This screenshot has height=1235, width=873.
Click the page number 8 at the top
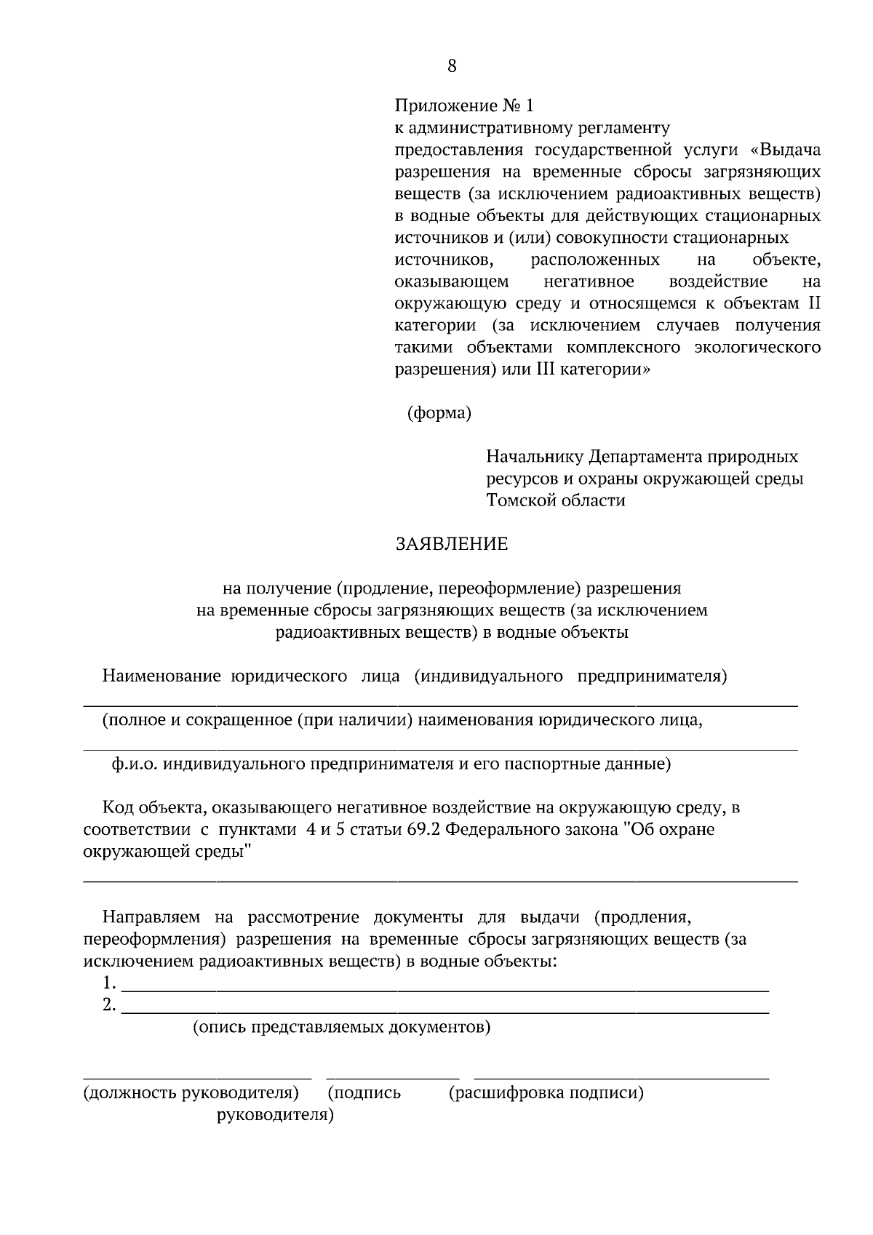452,66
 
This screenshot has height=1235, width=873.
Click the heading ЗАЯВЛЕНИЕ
451,544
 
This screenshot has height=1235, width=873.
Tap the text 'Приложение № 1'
463,106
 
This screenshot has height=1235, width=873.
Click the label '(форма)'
439,413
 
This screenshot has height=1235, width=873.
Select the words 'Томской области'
556,500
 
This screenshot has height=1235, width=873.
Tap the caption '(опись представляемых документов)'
341,1027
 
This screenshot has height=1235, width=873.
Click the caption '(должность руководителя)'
191,1092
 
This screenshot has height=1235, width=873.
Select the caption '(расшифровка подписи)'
546,1092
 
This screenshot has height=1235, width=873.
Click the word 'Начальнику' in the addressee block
535,457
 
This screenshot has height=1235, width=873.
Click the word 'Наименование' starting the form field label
162,676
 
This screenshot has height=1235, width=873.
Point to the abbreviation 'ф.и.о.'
135,764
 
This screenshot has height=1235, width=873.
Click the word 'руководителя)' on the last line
275,1114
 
